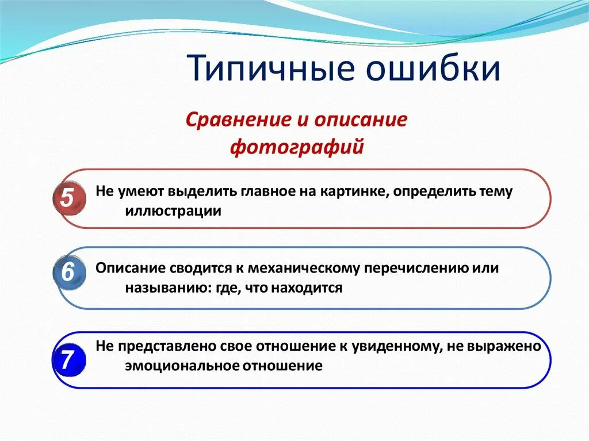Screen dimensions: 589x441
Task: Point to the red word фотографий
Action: tap(297, 147)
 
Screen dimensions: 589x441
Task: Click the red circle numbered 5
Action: tap(69, 198)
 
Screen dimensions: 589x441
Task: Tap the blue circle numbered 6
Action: tap(69, 273)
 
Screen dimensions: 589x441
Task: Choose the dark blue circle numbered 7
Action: tap(69, 361)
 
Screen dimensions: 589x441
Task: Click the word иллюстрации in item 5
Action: tap(173, 211)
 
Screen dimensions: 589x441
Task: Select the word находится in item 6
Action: tap(307, 288)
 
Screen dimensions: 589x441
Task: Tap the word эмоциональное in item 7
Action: tap(182, 366)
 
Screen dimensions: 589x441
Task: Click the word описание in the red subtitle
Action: tap(361, 120)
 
